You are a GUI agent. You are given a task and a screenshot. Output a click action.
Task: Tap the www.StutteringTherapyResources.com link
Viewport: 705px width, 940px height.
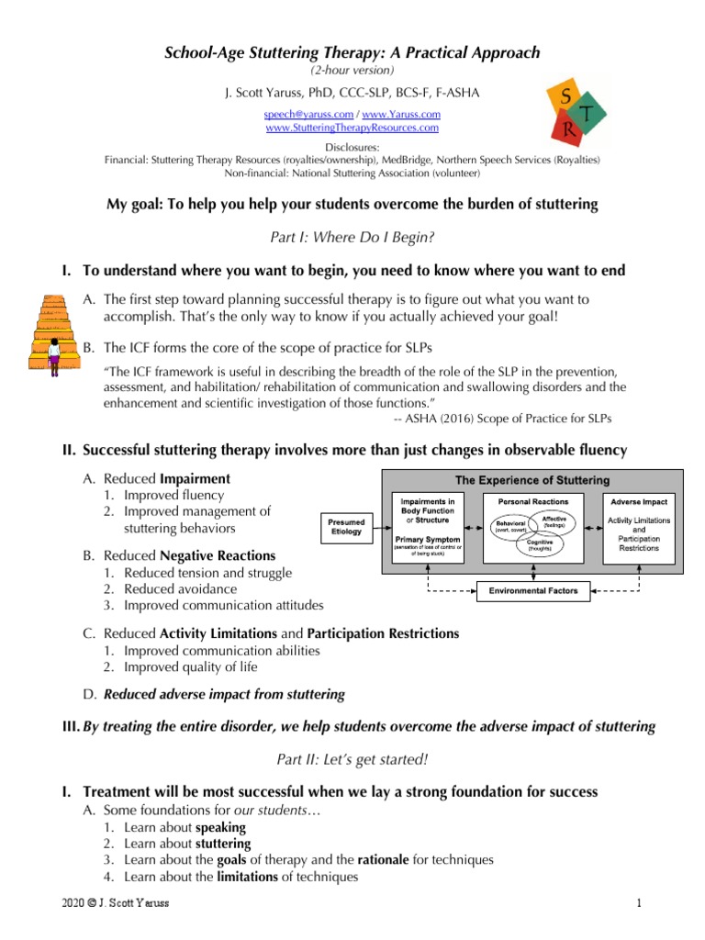(x=352, y=128)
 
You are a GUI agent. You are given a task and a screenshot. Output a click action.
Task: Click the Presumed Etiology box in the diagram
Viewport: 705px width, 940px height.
(x=346, y=526)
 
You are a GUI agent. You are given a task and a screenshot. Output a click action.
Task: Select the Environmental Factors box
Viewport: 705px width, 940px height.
(x=532, y=591)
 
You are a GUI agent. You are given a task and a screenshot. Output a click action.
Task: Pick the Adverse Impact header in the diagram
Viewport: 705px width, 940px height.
(x=639, y=501)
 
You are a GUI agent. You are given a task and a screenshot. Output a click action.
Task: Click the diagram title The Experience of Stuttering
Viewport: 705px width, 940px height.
(x=532, y=480)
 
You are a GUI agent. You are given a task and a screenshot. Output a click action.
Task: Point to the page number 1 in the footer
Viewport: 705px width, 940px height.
(x=637, y=905)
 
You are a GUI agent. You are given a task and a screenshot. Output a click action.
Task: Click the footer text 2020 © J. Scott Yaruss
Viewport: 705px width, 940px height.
(x=109, y=905)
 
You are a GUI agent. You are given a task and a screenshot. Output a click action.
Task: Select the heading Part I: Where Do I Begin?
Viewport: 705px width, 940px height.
(x=352, y=237)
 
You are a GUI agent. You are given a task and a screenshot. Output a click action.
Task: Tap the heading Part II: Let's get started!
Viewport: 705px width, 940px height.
(x=352, y=759)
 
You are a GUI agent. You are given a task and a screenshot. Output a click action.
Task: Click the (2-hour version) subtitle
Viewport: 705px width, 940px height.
(x=352, y=71)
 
